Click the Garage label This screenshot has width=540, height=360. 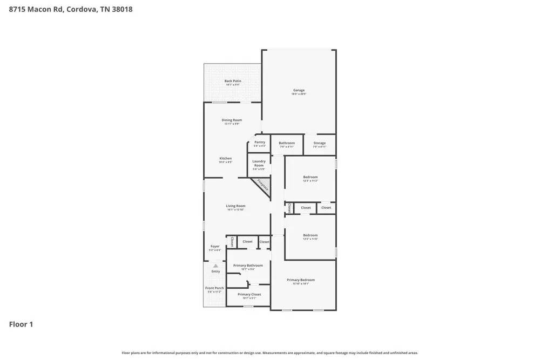click(299, 91)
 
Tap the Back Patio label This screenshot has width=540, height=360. click(233, 81)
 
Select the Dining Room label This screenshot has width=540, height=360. click(232, 120)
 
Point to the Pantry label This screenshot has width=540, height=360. click(260, 142)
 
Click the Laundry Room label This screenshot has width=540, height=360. click(259, 163)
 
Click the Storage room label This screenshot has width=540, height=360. click(319, 144)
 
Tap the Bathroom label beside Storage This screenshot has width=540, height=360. click(287, 144)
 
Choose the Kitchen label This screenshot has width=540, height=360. click(225, 159)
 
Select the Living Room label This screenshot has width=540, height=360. click(235, 206)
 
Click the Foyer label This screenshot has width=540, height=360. click(215, 247)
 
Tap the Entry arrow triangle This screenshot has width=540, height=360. click(215, 266)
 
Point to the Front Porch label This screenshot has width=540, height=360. click(214, 288)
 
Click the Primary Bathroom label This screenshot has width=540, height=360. click(248, 266)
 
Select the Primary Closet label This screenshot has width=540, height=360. click(249, 295)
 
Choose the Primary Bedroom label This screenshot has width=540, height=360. click(300, 280)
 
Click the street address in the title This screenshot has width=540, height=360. click(71, 9)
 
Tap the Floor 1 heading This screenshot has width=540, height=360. click(21, 324)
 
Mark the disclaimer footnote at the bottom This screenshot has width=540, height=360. click(269, 353)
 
